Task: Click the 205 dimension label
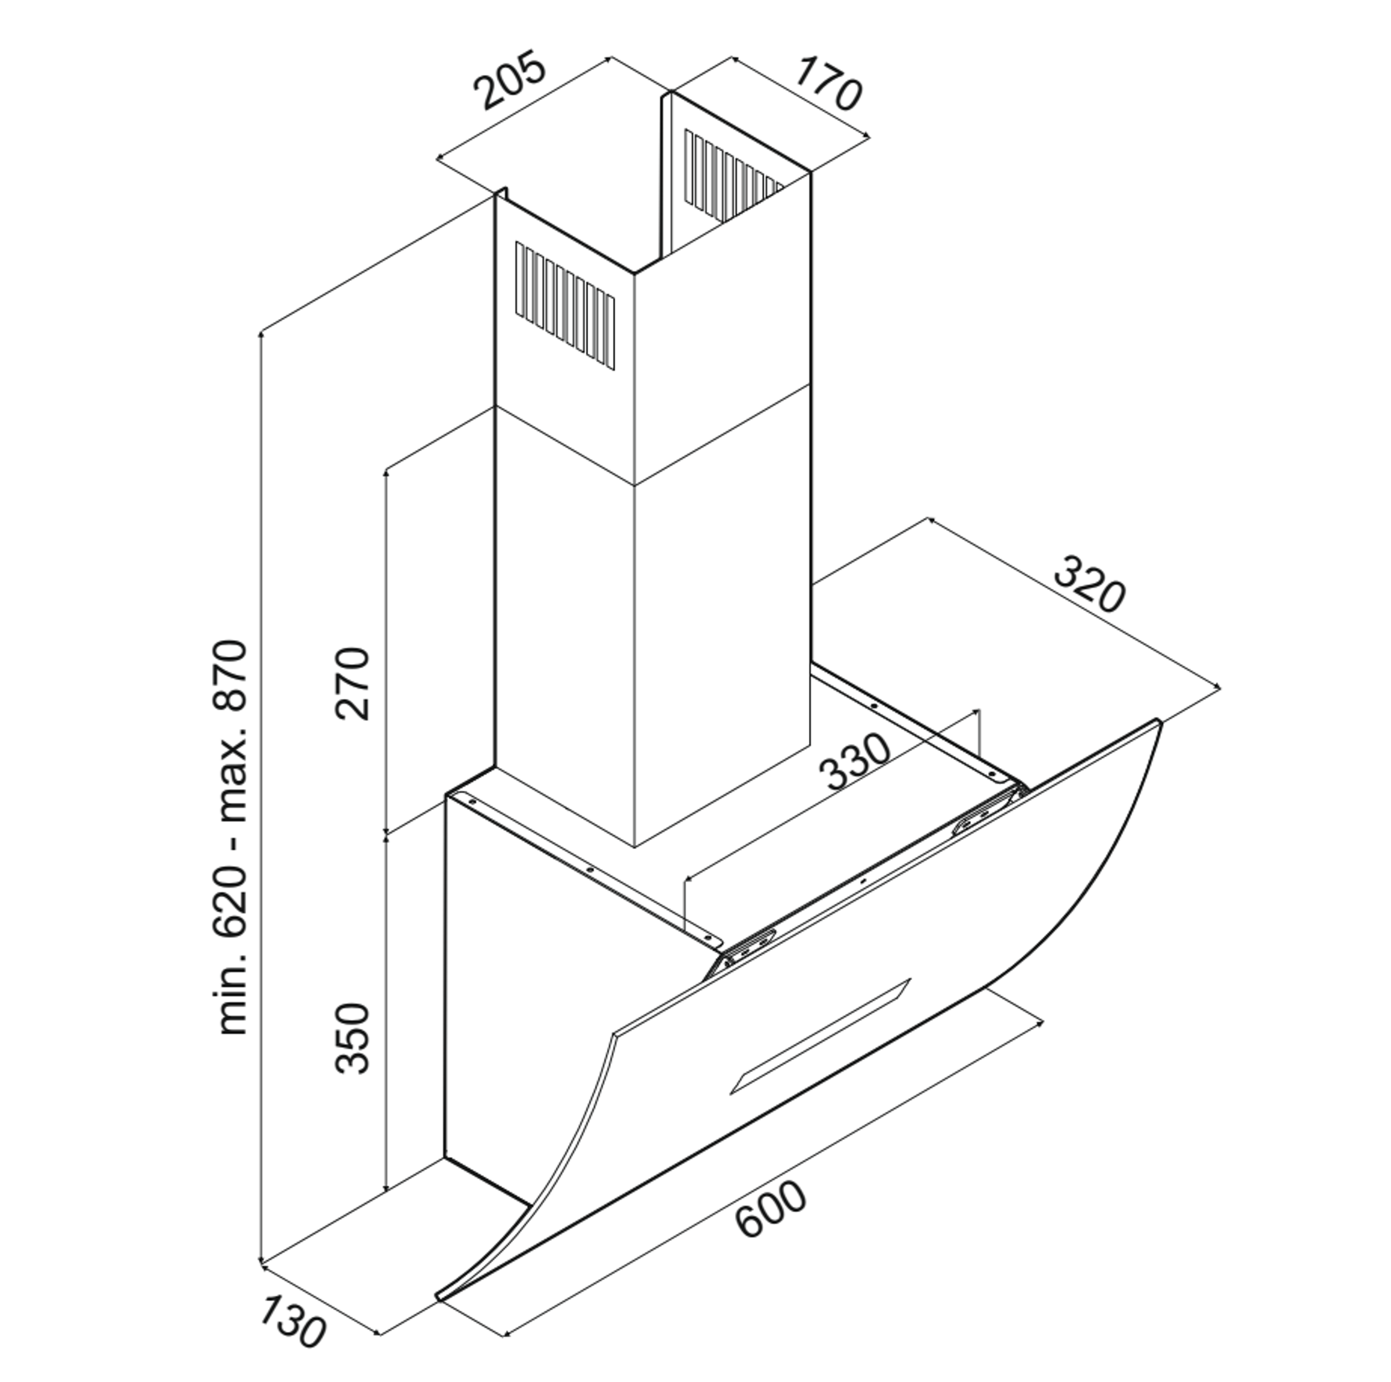click(x=510, y=80)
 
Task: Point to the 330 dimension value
click(x=855, y=761)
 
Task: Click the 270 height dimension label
click(x=352, y=683)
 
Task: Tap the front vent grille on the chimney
click(x=565, y=306)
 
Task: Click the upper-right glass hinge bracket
click(x=986, y=813)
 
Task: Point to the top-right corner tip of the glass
click(x=1158, y=721)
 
